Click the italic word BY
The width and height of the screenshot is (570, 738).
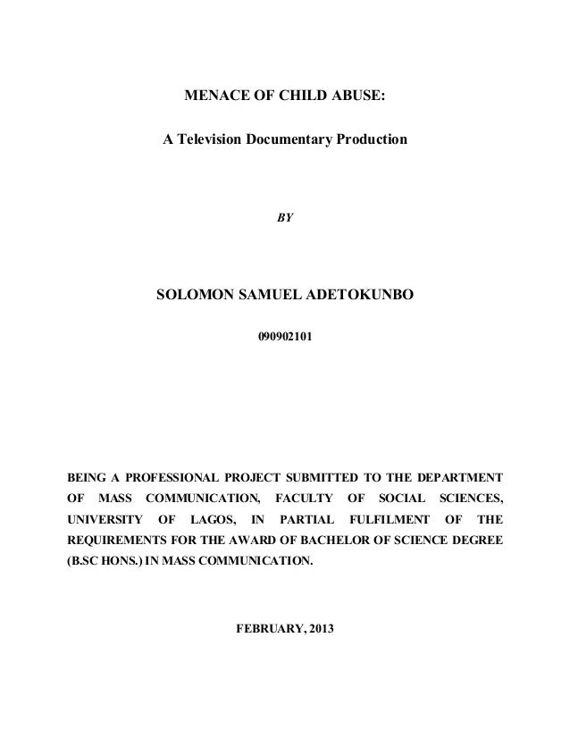coord(285,216)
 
